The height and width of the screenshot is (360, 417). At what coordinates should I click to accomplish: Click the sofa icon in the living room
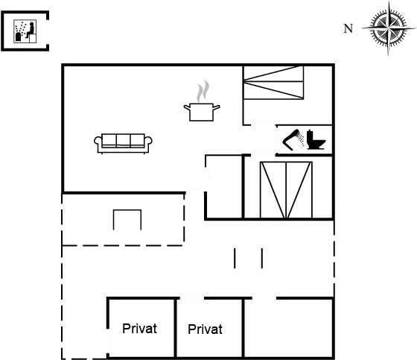pyautogui.click(x=123, y=144)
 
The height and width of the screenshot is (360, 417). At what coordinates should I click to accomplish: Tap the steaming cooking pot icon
pyautogui.click(x=202, y=101)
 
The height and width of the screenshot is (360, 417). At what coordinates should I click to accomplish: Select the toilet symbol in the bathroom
pyautogui.click(x=316, y=139)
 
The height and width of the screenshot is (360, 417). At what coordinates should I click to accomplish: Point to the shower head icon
pyautogui.click(x=293, y=140)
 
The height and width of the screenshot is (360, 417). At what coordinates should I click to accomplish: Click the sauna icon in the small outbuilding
pyautogui.click(x=25, y=31)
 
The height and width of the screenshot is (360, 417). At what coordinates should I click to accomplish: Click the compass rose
pyautogui.click(x=389, y=28)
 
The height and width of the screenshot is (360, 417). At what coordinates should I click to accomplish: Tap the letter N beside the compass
pyautogui.click(x=348, y=28)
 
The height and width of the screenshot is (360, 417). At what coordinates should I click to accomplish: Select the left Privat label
pyautogui.click(x=139, y=329)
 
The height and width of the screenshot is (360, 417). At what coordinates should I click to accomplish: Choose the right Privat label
pyautogui.click(x=205, y=329)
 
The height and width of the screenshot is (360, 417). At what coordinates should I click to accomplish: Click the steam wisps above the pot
pyautogui.click(x=203, y=91)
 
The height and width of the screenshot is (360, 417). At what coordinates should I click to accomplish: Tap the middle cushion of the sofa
pyautogui.click(x=123, y=140)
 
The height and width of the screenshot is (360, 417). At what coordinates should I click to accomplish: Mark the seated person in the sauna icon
pyautogui.click(x=31, y=30)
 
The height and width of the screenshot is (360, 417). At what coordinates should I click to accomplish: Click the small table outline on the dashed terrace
pyautogui.click(x=127, y=220)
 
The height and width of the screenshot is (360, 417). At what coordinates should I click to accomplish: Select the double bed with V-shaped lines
pyautogui.click(x=286, y=190)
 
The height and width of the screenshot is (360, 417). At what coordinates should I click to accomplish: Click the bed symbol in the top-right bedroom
pyautogui.click(x=274, y=83)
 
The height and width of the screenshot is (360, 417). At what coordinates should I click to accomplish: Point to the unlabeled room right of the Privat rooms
pyautogui.click(x=288, y=328)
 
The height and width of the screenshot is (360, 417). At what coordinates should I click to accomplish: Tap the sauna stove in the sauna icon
pyautogui.click(x=19, y=37)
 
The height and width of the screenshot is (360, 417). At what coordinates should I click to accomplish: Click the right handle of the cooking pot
pyautogui.click(x=217, y=107)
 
